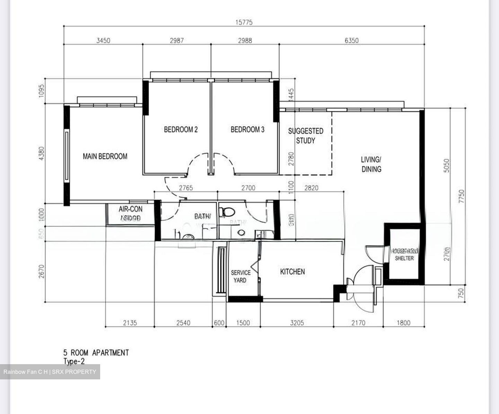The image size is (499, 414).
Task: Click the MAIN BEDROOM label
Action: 105,156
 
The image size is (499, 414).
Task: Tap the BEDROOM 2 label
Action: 181,129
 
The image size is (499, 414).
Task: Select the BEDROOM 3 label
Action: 247,129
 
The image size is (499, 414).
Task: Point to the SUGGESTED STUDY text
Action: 306,136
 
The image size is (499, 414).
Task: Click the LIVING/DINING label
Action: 371,164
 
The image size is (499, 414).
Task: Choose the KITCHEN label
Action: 292,272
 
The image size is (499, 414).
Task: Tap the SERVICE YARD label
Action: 240,276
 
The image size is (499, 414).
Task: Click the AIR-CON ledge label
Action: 130,213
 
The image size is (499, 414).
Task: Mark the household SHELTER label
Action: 404,254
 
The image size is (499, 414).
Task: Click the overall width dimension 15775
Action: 244,22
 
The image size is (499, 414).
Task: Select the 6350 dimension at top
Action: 351,40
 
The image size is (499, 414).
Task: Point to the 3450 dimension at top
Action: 103,40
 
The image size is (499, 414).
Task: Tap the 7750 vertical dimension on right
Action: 461,197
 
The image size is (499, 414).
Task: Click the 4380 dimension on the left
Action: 42,153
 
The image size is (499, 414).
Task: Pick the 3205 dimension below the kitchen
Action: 297,323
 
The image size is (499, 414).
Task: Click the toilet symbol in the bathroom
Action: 227,211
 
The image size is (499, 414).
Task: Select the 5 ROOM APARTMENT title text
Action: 96,353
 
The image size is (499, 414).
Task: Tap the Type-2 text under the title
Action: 74,361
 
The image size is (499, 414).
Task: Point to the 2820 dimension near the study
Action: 311,188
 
